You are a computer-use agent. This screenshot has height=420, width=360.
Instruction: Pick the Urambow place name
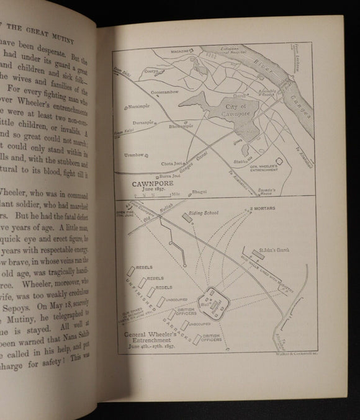click(133, 154)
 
